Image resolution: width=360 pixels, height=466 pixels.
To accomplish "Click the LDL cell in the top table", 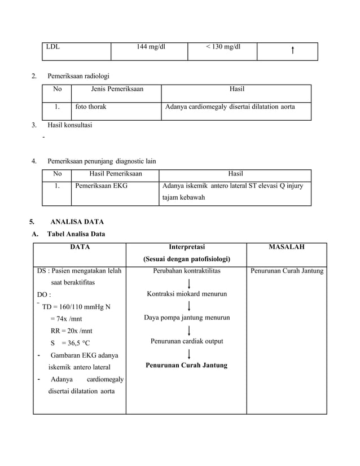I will (x=54, y=47).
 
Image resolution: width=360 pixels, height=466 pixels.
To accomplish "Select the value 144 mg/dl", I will (x=151, y=47).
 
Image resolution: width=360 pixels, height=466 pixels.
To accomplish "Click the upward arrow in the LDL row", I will (x=292, y=51).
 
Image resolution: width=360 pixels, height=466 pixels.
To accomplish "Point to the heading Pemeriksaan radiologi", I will (x=78, y=76).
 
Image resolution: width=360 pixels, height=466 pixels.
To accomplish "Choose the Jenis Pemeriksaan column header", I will (x=117, y=89).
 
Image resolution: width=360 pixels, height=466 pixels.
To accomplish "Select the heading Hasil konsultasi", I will (x=70, y=125).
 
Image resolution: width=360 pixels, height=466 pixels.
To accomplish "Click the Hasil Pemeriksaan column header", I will (x=116, y=174).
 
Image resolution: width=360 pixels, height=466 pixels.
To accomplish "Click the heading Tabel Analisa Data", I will (x=76, y=234).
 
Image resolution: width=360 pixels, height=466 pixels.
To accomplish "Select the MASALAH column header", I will (x=287, y=247).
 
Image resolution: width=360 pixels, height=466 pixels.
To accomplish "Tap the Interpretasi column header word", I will (x=187, y=247).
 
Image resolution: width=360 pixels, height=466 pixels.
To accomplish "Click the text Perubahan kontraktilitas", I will (x=187, y=271).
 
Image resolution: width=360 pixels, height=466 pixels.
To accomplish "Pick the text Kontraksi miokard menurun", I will (x=187, y=294).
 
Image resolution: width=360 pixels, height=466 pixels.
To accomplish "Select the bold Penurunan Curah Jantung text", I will (x=187, y=365).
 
